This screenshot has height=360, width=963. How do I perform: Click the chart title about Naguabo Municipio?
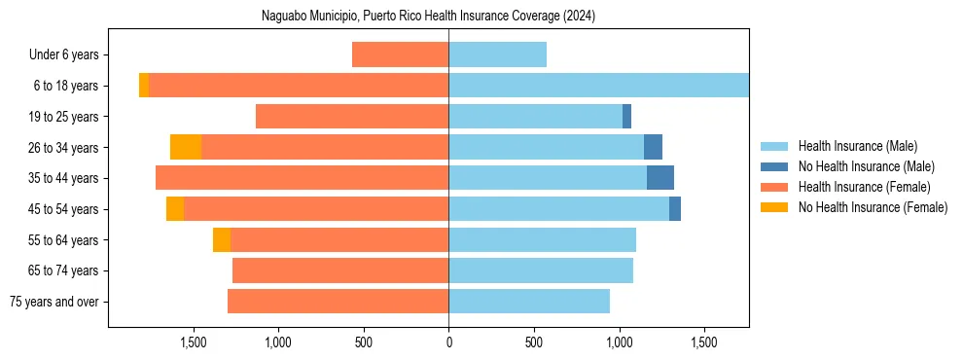(428, 17)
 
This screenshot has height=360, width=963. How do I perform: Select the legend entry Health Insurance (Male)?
(857, 146)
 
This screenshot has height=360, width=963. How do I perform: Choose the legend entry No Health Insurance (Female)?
(872, 207)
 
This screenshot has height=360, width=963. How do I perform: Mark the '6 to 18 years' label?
(65, 86)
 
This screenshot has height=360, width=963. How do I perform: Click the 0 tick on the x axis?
(448, 342)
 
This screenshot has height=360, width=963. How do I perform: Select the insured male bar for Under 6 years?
(497, 54)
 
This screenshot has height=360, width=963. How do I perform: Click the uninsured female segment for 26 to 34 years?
(186, 147)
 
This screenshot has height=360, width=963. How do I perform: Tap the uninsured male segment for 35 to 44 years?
(660, 178)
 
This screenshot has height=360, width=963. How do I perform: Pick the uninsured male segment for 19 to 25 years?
(626, 117)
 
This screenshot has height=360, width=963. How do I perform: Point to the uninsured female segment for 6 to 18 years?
(144, 86)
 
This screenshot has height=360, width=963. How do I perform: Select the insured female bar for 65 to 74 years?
(340, 270)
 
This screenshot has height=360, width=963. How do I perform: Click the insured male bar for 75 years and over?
(529, 302)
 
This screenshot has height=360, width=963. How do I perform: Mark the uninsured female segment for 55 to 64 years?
(222, 239)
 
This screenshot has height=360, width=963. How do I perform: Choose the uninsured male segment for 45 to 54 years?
(675, 209)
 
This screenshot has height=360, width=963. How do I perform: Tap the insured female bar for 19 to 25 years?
(352, 117)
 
